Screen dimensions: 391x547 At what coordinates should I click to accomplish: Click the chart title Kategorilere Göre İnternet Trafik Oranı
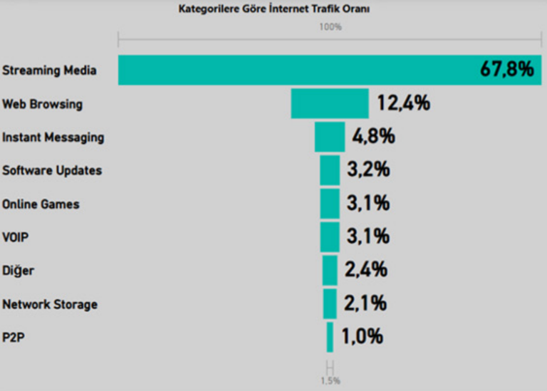(x=273, y=9)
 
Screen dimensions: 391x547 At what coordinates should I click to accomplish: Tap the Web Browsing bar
(x=330, y=103)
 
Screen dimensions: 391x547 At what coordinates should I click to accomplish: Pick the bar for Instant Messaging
(x=330, y=137)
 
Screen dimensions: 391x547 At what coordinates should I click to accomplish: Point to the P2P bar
(x=330, y=337)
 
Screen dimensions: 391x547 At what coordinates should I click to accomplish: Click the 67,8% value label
(x=506, y=70)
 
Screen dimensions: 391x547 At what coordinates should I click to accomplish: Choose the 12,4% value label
(x=404, y=103)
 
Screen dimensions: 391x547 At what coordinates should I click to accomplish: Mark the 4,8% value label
(x=373, y=137)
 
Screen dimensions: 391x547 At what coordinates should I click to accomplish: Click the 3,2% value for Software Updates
(x=368, y=170)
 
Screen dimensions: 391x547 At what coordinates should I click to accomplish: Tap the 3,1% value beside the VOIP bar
(x=368, y=236)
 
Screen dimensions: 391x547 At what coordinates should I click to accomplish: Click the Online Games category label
(x=41, y=204)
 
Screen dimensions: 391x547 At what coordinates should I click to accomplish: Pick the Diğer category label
(x=18, y=271)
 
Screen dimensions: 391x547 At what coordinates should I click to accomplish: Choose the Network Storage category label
(x=50, y=304)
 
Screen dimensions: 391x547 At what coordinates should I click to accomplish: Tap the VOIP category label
(x=15, y=237)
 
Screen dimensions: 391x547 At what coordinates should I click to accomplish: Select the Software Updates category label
(x=52, y=170)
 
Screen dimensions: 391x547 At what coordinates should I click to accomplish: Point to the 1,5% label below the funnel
(x=330, y=380)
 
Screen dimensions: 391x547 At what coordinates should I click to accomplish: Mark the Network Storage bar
(x=330, y=303)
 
